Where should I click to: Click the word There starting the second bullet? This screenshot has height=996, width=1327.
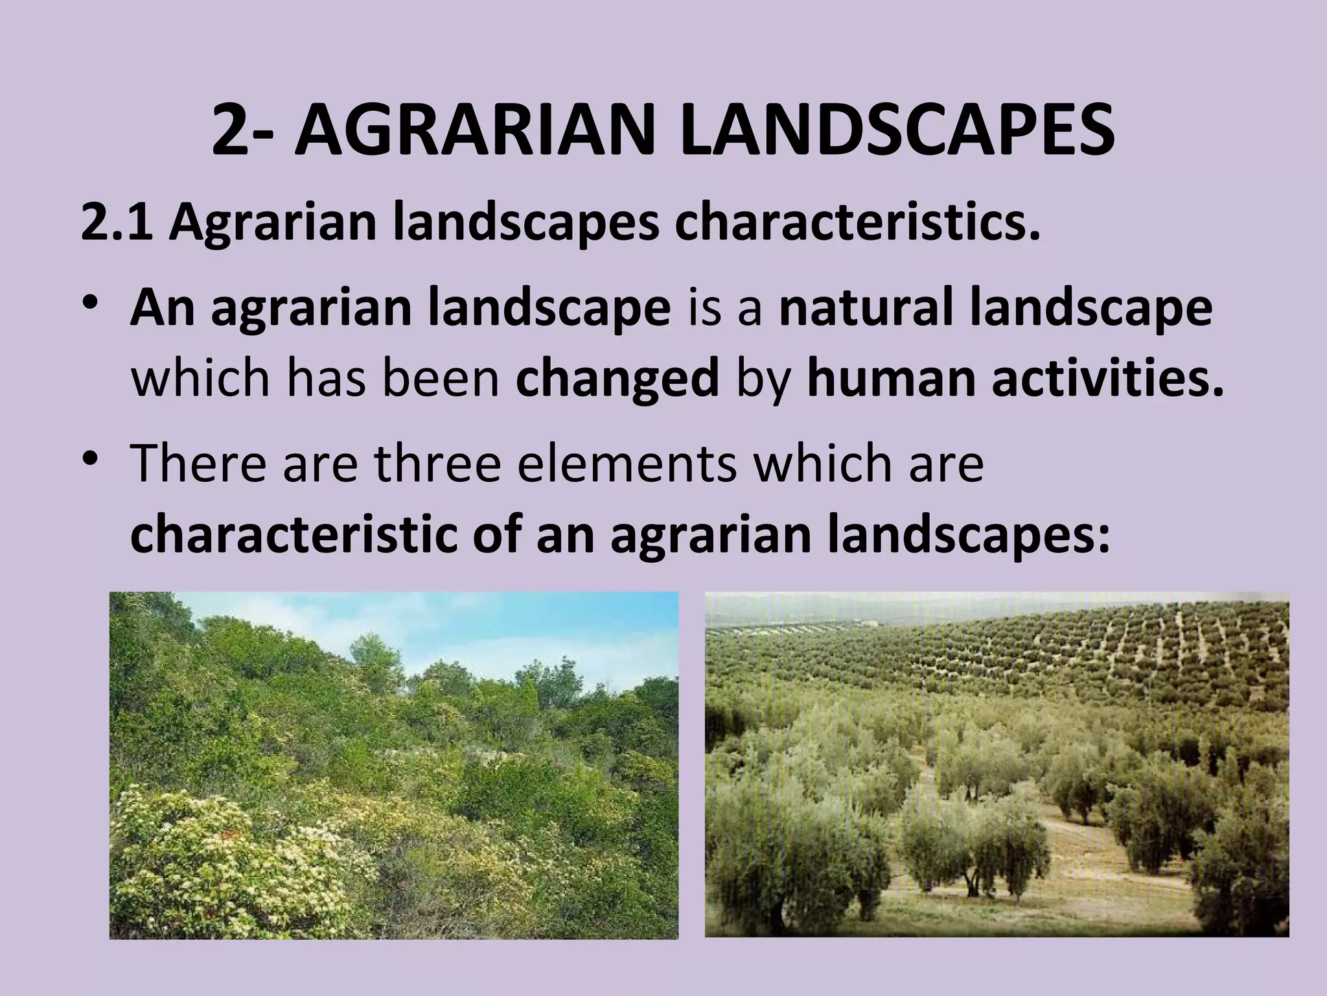198,464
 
